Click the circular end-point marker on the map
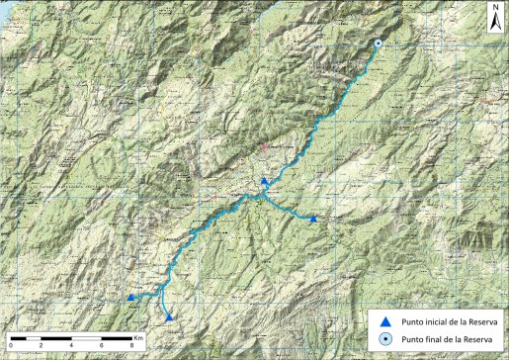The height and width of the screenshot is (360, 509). (378, 44)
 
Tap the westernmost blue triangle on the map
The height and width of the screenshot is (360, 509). (130, 297)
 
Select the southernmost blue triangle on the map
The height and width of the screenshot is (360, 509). (170, 317)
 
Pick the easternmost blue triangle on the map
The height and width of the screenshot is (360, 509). (313, 219)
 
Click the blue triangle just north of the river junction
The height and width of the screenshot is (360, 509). (264, 182)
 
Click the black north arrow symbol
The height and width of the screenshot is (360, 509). (494, 18)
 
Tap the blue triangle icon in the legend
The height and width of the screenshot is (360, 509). (386, 321)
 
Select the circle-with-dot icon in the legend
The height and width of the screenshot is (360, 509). (386, 340)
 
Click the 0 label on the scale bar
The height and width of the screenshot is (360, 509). (11, 343)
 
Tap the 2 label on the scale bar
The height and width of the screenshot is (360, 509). (42, 343)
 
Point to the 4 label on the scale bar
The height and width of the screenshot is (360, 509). (72, 343)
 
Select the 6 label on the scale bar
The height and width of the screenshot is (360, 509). (103, 343)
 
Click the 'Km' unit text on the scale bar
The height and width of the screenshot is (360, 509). (138, 337)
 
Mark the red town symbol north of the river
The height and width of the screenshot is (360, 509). (265, 148)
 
